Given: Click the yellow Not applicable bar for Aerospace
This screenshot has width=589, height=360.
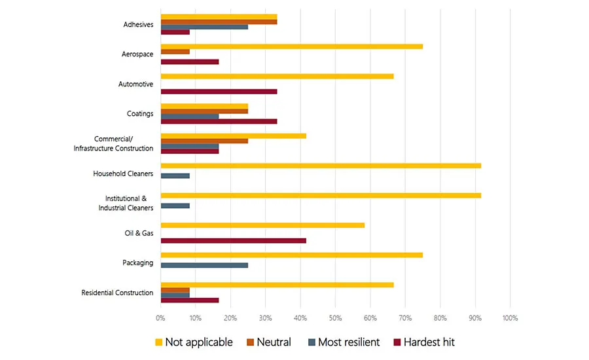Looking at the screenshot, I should [x=291, y=46].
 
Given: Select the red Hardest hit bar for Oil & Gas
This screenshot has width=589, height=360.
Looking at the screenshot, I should [x=233, y=241].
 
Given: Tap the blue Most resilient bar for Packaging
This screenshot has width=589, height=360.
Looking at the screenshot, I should [x=204, y=266].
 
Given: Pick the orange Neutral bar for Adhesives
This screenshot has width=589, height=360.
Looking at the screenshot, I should [x=219, y=22].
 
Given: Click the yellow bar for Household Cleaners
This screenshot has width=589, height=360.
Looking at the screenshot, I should [x=321, y=166].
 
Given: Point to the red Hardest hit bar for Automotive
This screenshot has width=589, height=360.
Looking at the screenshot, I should [x=219, y=91].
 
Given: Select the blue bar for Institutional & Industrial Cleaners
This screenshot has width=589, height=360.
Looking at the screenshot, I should [x=175, y=206].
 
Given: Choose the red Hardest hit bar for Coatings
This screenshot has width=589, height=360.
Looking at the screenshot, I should [x=219, y=121].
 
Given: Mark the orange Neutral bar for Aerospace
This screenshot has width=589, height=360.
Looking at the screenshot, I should [x=175, y=51].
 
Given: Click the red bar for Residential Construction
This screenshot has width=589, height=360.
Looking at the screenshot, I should [x=189, y=300].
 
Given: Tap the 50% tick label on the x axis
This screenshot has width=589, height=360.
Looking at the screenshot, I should [x=335, y=318].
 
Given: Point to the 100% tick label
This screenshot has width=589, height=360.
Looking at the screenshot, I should [x=510, y=318].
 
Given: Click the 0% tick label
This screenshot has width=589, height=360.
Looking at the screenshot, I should [x=160, y=318].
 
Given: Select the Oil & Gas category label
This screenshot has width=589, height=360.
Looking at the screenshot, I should [x=138, y=233].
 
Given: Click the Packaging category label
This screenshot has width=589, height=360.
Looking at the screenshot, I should [x=137, y=263].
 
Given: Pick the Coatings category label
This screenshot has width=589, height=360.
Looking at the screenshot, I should [x=139, y=114].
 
